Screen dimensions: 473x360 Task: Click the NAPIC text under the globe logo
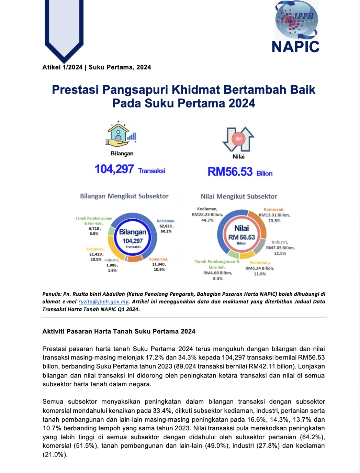click(295, 47)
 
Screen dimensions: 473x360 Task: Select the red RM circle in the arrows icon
click(238, 139)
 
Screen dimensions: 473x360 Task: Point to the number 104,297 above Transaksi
click(114, 169)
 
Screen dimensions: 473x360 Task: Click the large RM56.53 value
click(230, 172)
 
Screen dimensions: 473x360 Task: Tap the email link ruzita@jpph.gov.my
click(103, 302)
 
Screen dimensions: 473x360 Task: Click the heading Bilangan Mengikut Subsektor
click(124, 196)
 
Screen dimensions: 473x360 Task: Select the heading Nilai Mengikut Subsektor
click(239, 197)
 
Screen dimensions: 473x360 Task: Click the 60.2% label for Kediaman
click(166, 231)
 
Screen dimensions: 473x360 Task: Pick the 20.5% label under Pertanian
click(96, 260)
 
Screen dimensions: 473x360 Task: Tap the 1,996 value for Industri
click(112, 265)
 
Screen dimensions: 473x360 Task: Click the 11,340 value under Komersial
click(159, 264)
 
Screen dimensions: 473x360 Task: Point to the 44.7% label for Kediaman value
click(207, 220)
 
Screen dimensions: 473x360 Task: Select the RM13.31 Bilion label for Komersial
click(274, 215)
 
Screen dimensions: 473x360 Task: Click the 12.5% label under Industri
click(280, 254)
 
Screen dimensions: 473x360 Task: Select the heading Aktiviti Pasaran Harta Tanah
click(119, 331)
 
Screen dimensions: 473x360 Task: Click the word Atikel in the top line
click(52, 67)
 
